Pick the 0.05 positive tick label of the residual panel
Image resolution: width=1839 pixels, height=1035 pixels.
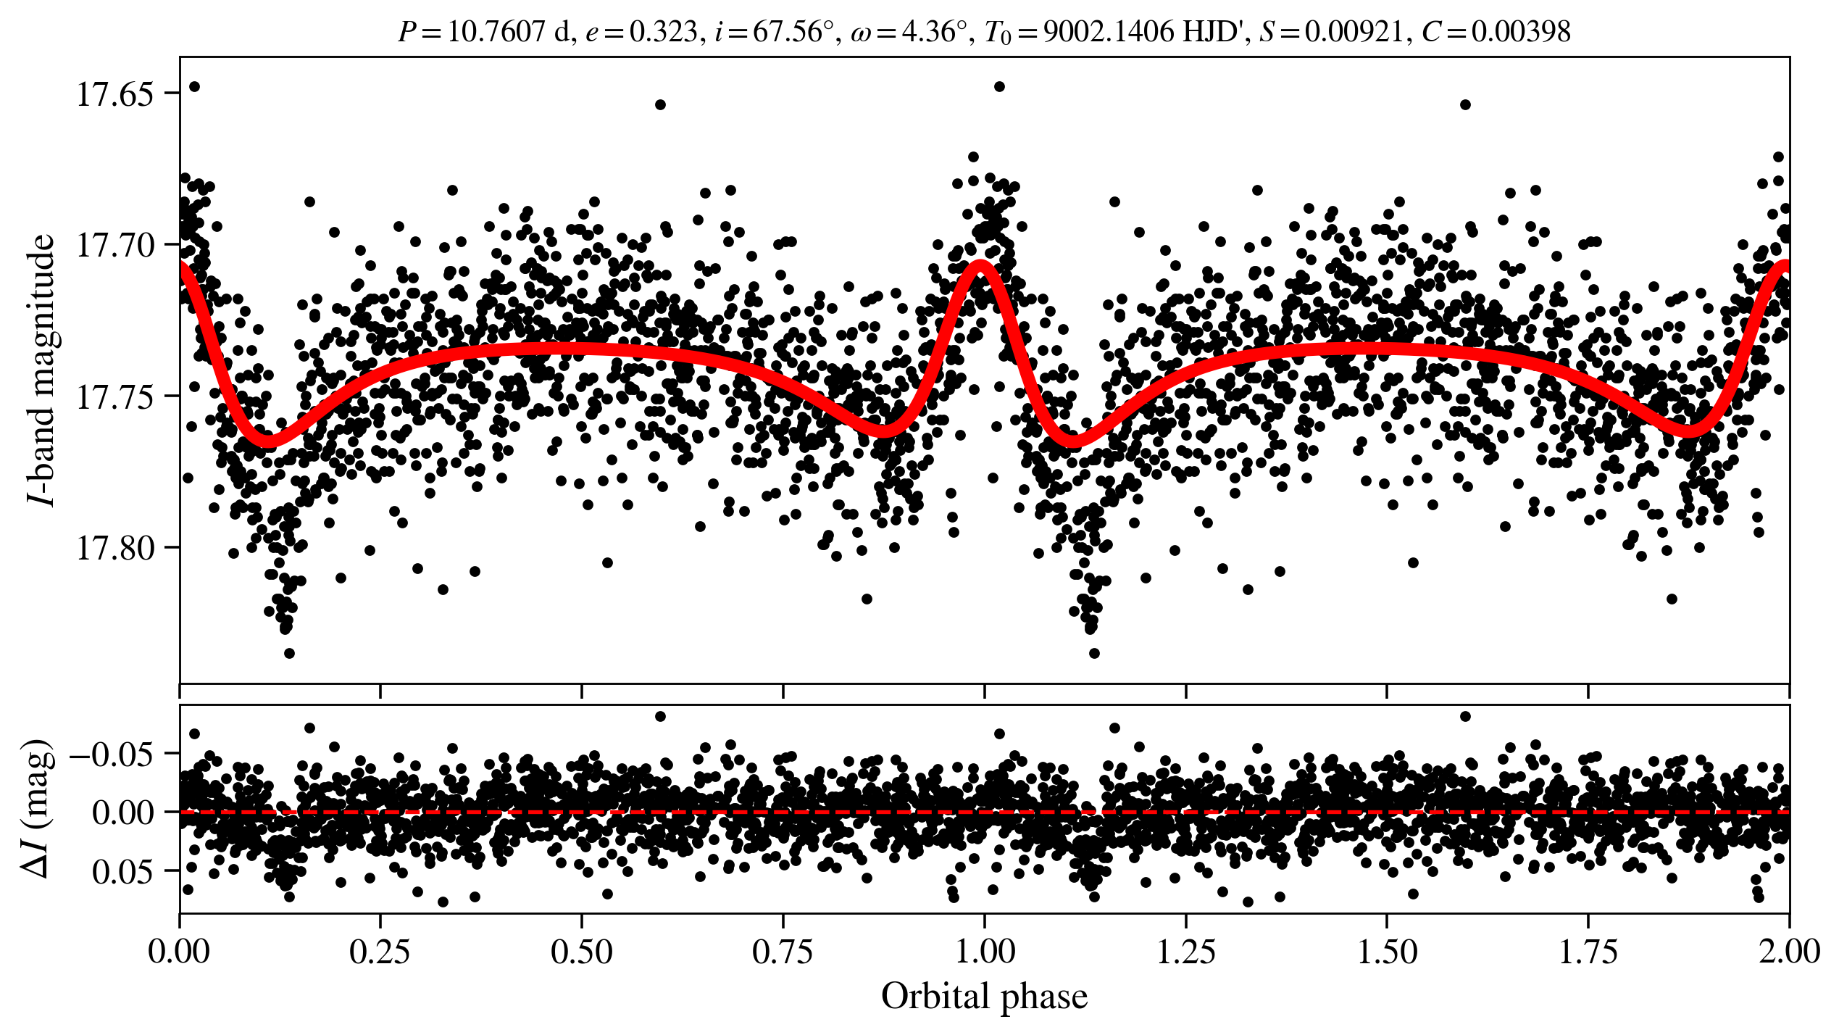pyautogui.click(x=122, y=872)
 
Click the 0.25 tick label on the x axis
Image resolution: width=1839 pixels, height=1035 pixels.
pyautogui.click(x=380, y=952)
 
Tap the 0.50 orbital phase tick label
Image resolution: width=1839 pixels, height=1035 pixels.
pyautogui.click(x=581, y=952)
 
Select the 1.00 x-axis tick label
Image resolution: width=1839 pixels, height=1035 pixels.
pyautogui.click(x=984, y=952)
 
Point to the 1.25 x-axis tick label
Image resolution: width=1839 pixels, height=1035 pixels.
pyautogui.click(x=1185, y=952)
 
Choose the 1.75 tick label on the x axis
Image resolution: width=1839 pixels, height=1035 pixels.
pyautogui.click(x=1588, y=952)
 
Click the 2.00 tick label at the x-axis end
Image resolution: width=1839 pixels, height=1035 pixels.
pyautogui.click(x=1788, y=952)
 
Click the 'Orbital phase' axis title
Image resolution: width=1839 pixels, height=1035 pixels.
pyautogui.click(x=984, y=997)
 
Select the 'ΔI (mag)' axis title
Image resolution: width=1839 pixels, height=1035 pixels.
pyautogui.click(x=40, y=809)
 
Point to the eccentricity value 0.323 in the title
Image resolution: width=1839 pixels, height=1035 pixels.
pyautogui.click(x=663, y=32)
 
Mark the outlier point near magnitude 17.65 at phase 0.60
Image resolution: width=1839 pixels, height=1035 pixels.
pyautogui.click(x=660, y=104)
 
